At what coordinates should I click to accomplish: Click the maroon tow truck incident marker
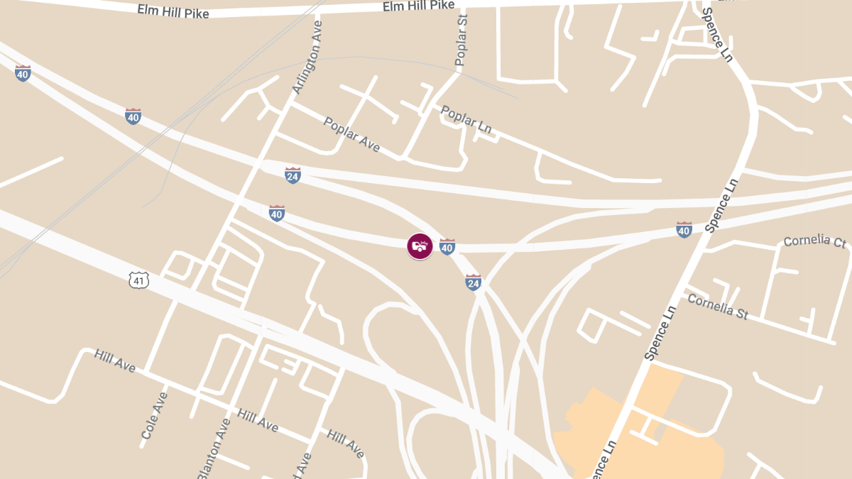420,246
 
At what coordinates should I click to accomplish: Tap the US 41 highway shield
139,280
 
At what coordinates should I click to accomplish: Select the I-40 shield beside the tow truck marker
447,246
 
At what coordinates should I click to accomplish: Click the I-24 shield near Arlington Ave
293,175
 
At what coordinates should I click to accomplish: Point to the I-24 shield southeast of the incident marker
474,282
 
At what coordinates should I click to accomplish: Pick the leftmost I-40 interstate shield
23,72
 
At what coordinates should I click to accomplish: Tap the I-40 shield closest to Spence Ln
684,229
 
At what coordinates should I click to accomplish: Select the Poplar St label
461,41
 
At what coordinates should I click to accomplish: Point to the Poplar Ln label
466,119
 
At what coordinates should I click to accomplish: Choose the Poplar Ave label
351,134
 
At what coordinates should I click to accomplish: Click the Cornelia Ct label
814,241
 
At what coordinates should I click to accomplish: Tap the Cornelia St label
718,307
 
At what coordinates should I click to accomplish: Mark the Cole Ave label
154,416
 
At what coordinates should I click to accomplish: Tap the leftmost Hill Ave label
114,360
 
